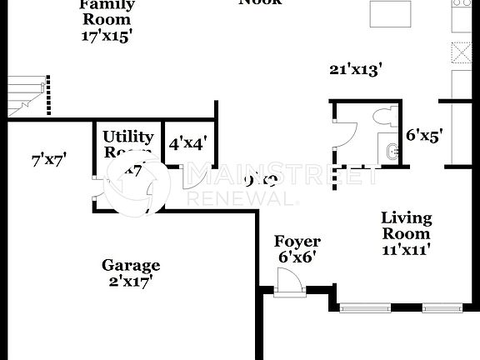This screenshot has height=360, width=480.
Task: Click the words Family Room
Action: point(106,12)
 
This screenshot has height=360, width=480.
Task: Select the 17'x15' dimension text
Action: point(106,36)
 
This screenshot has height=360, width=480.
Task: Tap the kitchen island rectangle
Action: point(391,13)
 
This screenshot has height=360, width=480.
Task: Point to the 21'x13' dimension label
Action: point(355,70)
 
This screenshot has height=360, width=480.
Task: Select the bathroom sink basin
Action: point(392,152)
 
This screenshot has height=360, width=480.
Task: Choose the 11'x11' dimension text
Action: point(406,249)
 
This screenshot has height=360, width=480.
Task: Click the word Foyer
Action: point(297,242)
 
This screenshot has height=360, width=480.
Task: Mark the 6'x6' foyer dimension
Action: point(297,257)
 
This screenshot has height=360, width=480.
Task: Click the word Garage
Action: point(131,265)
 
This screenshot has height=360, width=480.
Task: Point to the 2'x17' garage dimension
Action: point(131,281)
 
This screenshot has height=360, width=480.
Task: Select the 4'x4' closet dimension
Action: point(187,142)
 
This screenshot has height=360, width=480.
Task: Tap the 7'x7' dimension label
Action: point(48,158)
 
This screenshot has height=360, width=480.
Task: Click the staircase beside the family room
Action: point(25,94)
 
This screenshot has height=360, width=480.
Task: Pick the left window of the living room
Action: point(365,307)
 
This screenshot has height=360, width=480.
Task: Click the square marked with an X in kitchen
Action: point(461,50)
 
